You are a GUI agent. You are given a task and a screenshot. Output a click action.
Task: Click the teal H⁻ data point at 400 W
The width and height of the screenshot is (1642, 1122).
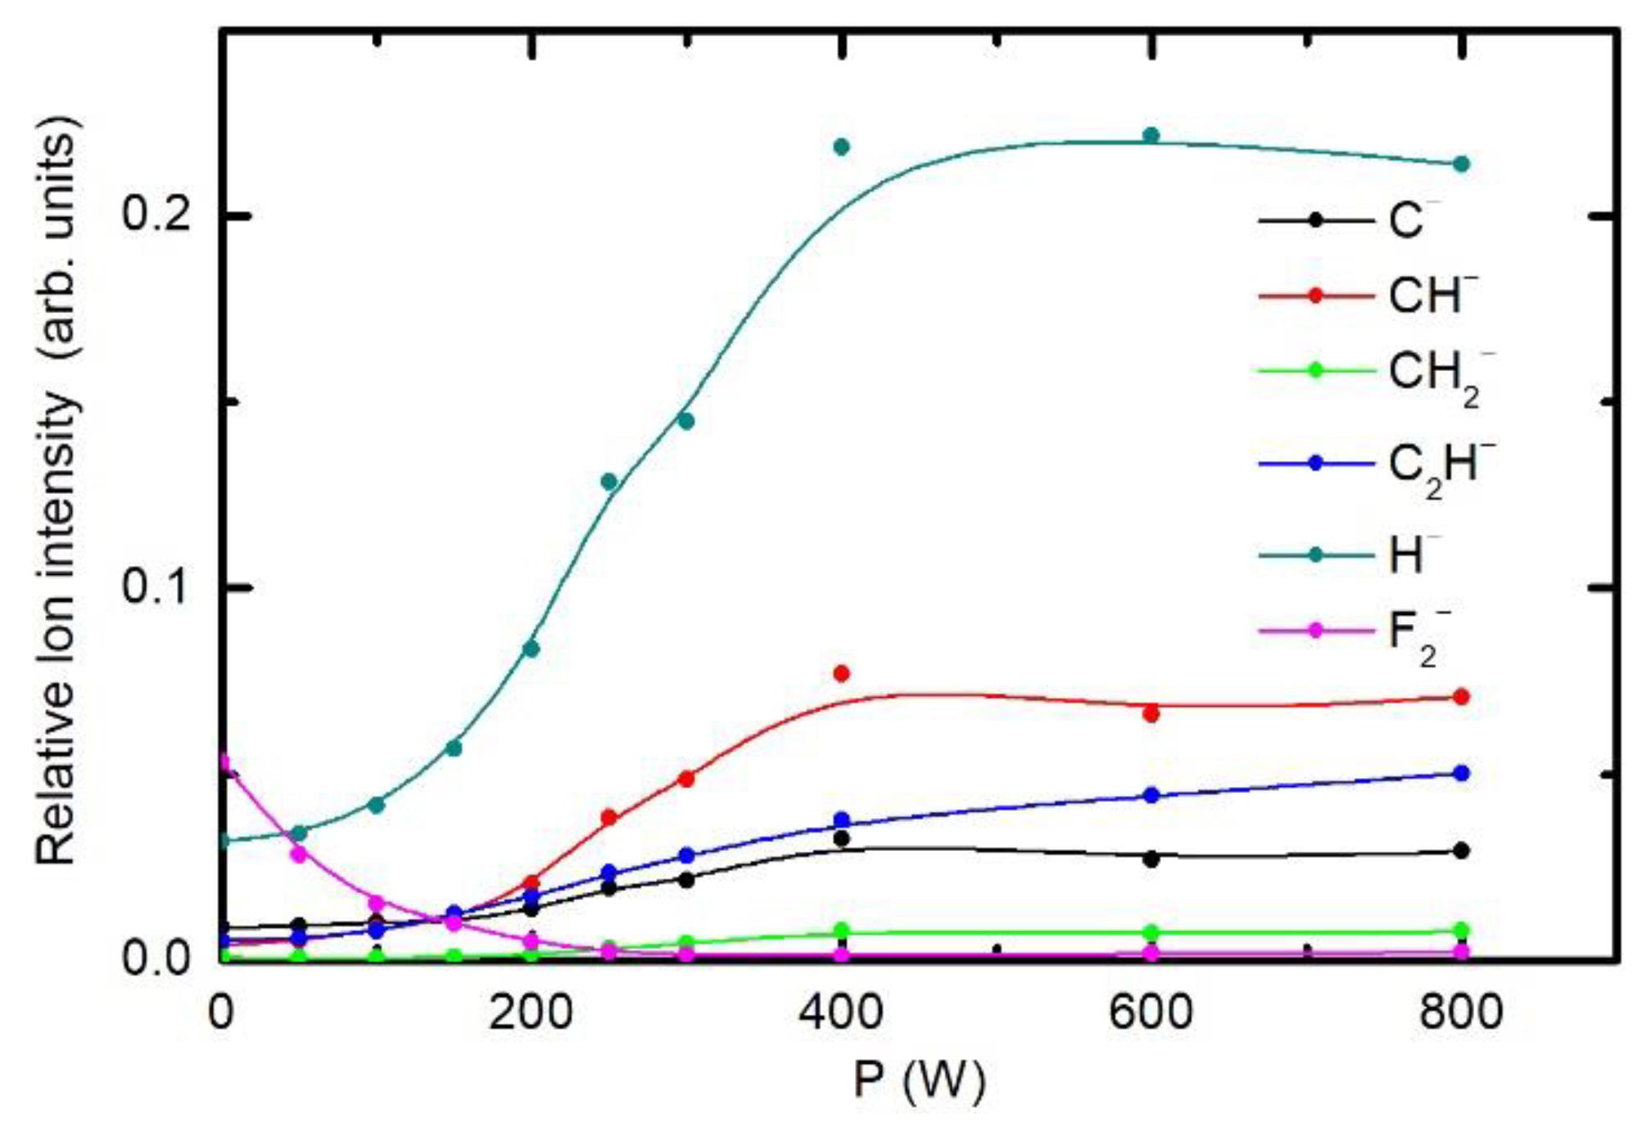pyautogui.click(x=841, y=147)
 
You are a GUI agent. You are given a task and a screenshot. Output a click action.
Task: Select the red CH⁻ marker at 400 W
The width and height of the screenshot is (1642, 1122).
pyautogui.click(x=841, y=674)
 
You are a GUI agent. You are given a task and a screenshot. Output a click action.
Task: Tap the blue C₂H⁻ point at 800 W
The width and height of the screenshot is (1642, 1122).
pyautogui.click(x=1461, y=773)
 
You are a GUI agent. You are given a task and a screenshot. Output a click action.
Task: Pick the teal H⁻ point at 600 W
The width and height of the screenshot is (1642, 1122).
pyautogui.click(x=1151, y=135)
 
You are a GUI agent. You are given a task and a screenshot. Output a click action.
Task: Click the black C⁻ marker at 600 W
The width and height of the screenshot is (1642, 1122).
pyautogui.click(x=1151, y=859)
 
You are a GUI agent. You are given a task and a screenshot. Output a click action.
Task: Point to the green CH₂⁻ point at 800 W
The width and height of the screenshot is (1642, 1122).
pyautogui.click(x=1461, y=930)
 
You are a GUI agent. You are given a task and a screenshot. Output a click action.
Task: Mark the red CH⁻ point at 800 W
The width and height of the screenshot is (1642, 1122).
pyautogui.click(x=1461, y=697)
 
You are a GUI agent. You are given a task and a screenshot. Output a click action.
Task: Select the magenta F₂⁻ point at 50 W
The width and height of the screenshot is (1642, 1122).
pyautogui.click(x=299, y=854)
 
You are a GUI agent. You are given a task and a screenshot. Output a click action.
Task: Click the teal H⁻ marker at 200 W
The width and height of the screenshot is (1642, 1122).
pyautogui.click(x=531, y=649)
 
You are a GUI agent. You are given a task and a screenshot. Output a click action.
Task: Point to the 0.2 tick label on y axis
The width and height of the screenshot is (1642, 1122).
pyautogui.click(x=156, y=215)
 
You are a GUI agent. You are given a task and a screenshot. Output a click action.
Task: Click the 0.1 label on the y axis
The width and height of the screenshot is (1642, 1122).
pyautogui.click(x=156, y=586)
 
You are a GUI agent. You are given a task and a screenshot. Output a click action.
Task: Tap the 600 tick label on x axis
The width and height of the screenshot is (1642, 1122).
pyautogui.click(x=1151, y=1012)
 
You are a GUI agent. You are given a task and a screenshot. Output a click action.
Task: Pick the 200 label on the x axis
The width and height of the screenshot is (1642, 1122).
pyautogui.click(x=531, y=1012)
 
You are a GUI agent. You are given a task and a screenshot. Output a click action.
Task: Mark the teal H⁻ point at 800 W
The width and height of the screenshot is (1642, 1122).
pyautogui.click(x=1461, y=164)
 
